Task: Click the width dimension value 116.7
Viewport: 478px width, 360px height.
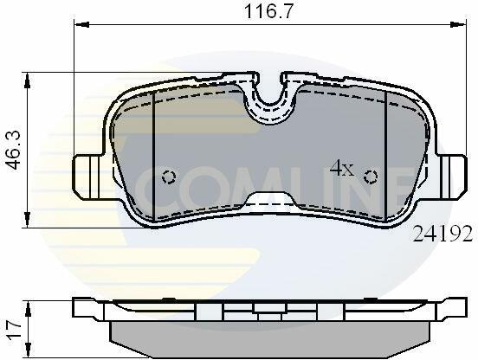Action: coord(268,11)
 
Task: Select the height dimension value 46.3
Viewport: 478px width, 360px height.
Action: coord(14,150)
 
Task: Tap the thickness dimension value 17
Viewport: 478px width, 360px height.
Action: coord(14,329)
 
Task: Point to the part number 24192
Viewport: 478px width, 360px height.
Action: coord(442,235)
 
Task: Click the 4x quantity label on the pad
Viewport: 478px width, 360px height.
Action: coord(342,169)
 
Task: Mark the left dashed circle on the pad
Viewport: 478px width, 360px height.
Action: coord(169,177)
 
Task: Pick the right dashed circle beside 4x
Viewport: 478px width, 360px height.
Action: coord(371,177)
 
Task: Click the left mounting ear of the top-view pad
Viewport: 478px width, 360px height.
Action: coord(87,177)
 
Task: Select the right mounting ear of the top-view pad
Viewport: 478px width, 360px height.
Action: coord(452,177)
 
